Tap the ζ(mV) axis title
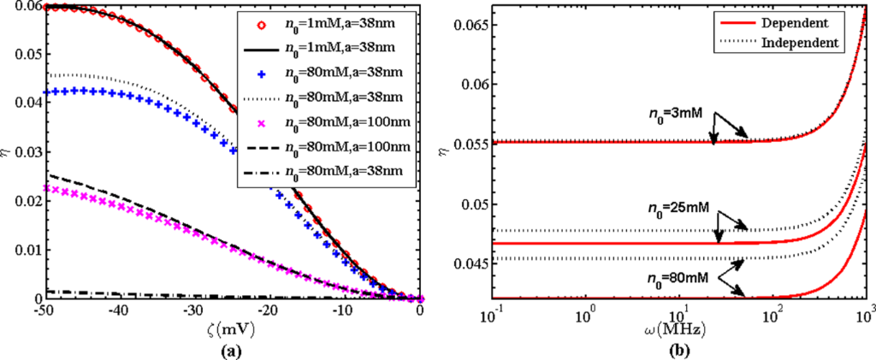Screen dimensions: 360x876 (230, 329)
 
